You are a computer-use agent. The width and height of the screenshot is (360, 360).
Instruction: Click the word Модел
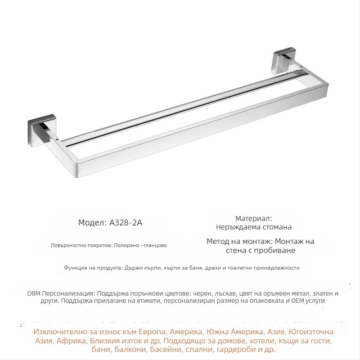pyautogui.click(x=92, y=222)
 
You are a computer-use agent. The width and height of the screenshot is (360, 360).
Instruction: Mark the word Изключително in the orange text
pyautogui.click(x=59, y=332)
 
